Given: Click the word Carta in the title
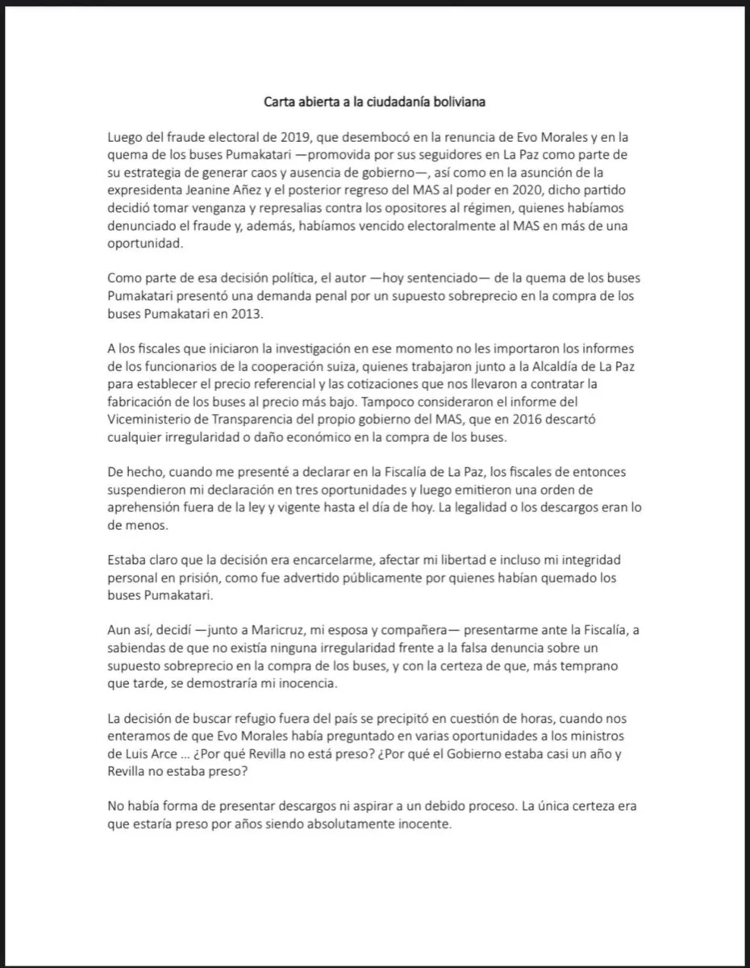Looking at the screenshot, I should pyautogui.click(x=281, y=102).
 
